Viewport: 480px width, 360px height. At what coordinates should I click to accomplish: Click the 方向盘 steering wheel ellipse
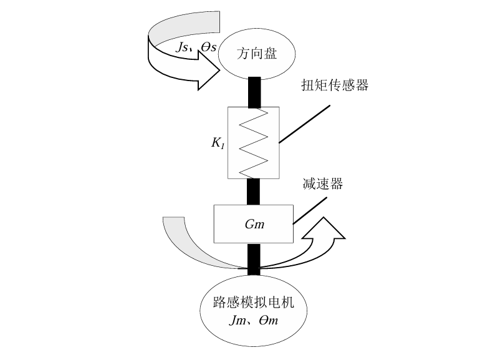point(256,53)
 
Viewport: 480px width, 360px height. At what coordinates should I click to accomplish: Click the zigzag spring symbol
point(254,143)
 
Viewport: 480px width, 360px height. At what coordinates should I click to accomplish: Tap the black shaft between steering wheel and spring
point(254,92)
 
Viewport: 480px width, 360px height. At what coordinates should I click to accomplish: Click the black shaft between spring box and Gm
point(254,192)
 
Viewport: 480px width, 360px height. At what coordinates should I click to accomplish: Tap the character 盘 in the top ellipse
point(270,54)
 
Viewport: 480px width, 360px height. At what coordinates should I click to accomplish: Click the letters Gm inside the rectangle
point(254,224)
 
